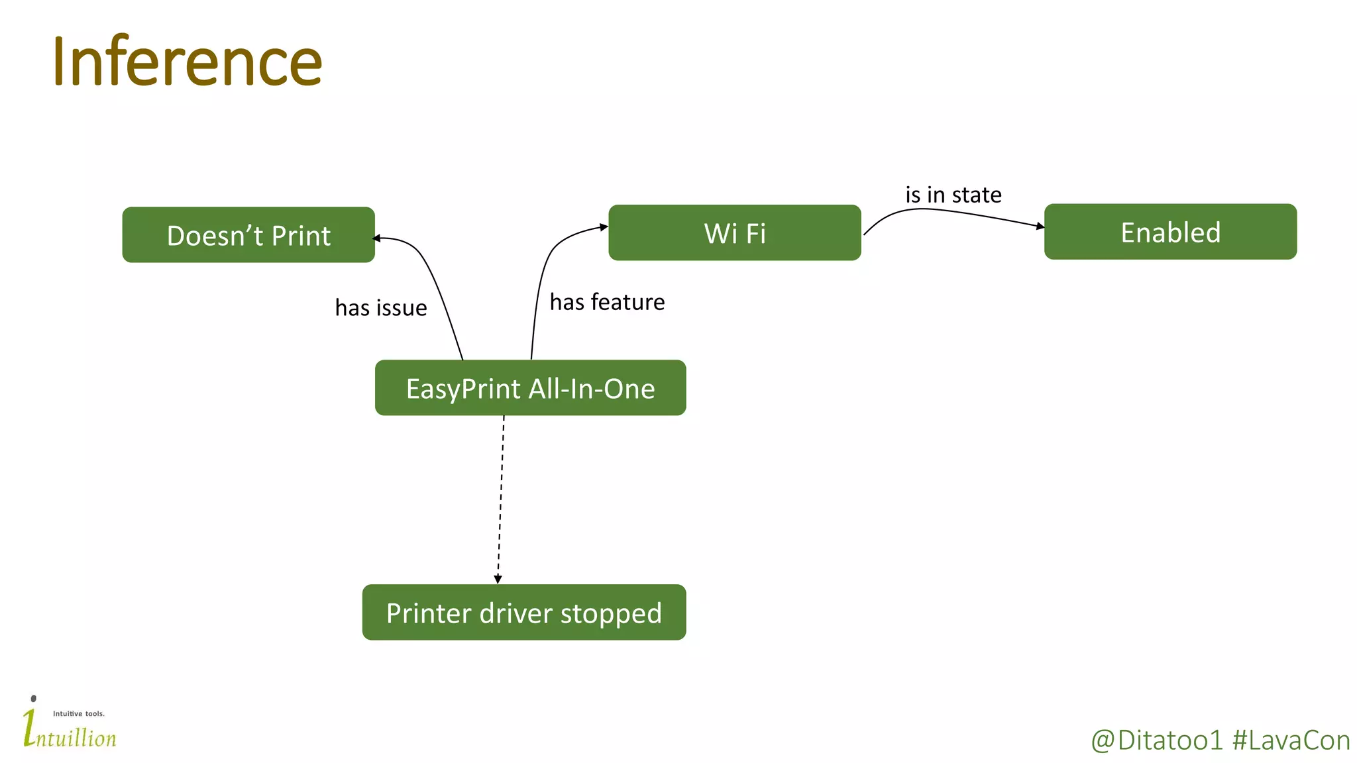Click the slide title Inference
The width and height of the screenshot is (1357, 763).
click(x=187, y=62)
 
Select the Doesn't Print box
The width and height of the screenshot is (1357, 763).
click(x=248, y=235)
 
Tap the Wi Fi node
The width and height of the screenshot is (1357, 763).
click(x=734, y=232)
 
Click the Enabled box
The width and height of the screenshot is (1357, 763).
click(x=1170, y=232)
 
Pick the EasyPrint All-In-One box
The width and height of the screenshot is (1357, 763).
click(x=530, y=388)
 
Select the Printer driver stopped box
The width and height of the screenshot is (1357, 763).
click(x=523, y=613)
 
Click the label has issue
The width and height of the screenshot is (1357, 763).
click(x=381, y=308)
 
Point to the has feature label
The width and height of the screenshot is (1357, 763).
click(x=607, y=302)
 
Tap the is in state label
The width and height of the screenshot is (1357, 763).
click(x=953, y=195)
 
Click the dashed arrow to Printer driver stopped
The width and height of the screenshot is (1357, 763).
click(x=501, y=497)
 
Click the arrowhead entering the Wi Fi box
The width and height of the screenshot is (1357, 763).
click(x=604, y=227)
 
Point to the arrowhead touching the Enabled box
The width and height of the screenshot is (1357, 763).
click(x=1040, y=227)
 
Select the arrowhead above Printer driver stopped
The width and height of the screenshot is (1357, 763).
click(x=498, y=580)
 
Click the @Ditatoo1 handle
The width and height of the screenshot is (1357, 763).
click(x=1156, y=740)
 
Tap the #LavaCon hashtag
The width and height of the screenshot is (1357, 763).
click(x=1291, y=740)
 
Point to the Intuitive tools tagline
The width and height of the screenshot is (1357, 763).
click(x=79, y=713)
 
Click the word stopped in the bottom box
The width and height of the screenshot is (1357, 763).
click(x=611, y=614)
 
